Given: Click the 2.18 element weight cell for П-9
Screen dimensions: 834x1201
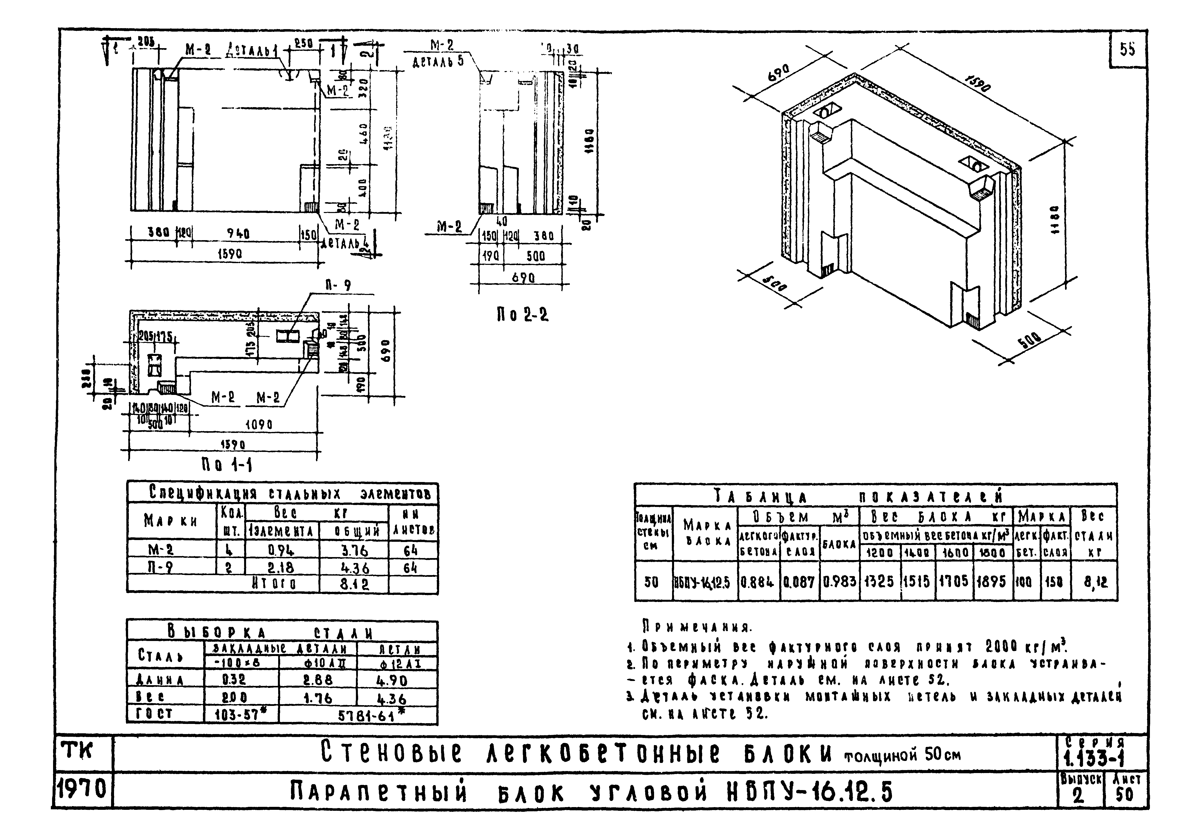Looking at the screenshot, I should pyautogui.click(x=281, y=567).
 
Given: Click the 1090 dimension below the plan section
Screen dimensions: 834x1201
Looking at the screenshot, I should pyautogui.click(x=259, y=425).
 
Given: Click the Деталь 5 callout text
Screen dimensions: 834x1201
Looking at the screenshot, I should pyautogui.click(x=438, y=61).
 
